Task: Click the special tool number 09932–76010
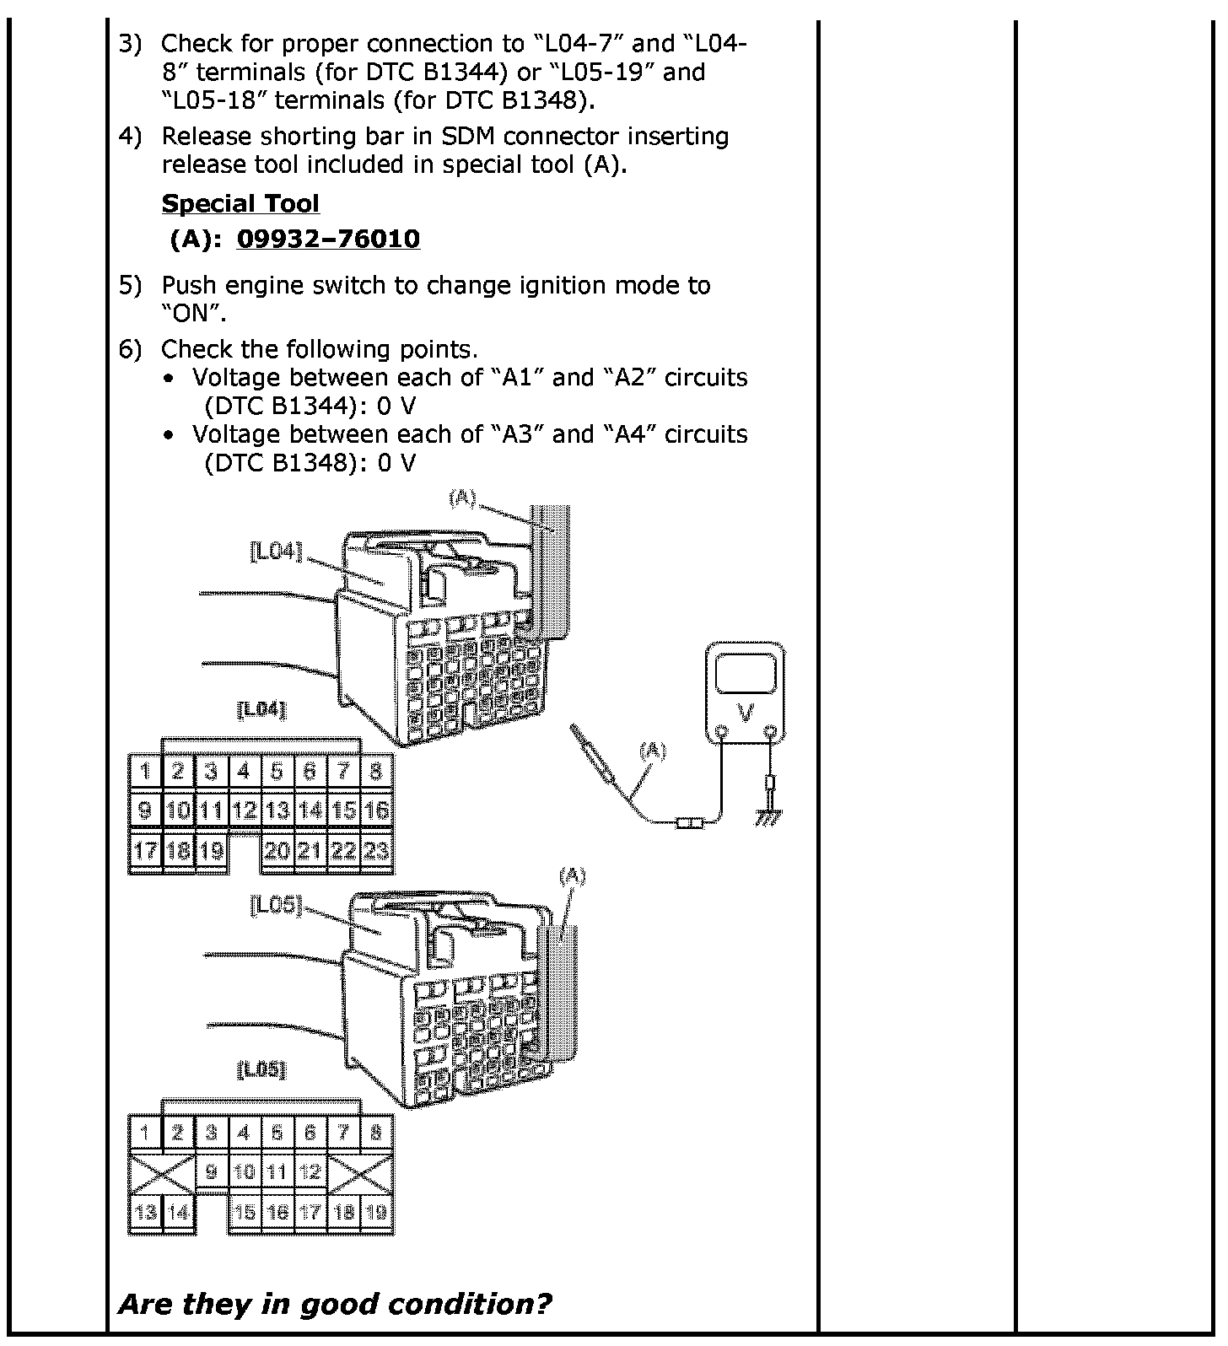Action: (x=328, y=240)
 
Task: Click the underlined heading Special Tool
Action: (x=240, y=204)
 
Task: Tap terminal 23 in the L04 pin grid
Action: (x=376, y=850)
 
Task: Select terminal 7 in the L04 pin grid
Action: (x=343, y=770)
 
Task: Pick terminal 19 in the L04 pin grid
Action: (x=211, y=850)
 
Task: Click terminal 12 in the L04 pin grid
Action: (x=244, y=810)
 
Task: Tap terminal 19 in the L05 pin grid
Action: (x=376, y=1213)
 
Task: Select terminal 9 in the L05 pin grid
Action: (x=211, y=1171)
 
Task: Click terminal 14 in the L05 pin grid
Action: (x=178, y=1213)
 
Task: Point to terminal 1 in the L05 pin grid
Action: (x=145, y=1132)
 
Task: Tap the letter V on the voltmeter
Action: (x=746, y=713)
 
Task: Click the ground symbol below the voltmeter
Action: (x=768, y=816)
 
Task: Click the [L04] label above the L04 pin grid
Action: (x=261, y=710)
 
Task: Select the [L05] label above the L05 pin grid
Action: (x=261, y=1070)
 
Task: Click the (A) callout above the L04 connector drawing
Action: (x=463, y=498)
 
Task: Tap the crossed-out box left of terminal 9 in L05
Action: (x=161, y=1172)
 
